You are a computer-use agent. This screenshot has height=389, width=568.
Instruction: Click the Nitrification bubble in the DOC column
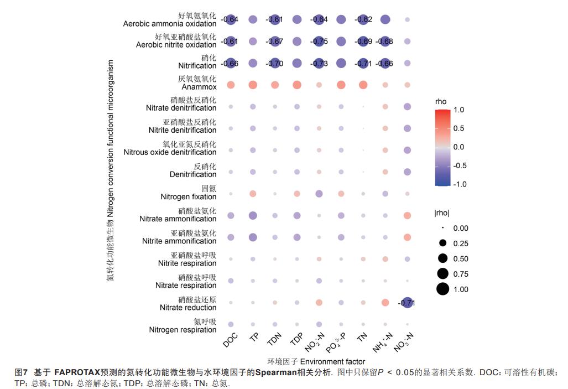pos(231,63)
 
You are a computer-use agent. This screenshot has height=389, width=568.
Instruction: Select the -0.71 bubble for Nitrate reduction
pos(407,303)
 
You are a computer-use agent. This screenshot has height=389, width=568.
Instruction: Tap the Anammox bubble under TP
pos(253,85)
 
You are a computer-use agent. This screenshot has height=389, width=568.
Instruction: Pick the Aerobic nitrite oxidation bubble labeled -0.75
pos(319,42)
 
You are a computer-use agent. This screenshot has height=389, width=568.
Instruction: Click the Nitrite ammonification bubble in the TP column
pos(253,237)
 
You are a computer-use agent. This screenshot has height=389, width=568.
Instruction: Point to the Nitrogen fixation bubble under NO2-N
pos(319,193)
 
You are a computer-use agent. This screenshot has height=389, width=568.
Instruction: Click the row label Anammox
pos(199,87)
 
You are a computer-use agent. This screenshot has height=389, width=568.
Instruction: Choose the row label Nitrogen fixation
pos(188,196)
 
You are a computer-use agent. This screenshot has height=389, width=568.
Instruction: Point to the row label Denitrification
pos(193,174)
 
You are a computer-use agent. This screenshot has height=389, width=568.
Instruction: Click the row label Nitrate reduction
pos(188,308)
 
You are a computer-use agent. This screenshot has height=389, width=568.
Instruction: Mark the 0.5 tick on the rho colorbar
pos(458,128)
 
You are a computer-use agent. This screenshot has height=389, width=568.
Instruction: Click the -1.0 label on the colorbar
pos(459,184)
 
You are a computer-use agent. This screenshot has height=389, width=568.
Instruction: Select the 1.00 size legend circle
pos(442,289)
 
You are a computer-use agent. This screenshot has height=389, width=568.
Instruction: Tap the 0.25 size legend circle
pos(442,243)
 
